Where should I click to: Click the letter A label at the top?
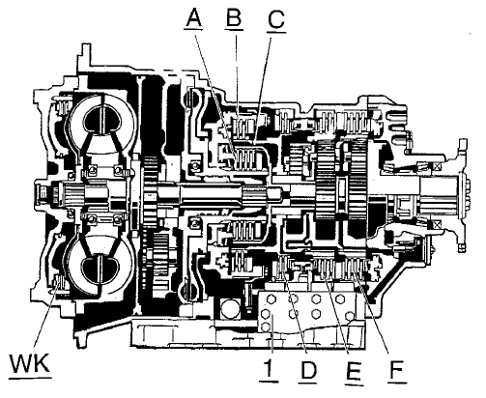(193, 17)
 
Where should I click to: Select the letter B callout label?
(234, 17)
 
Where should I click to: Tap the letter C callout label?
(276, 19)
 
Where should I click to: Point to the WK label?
(30, 363)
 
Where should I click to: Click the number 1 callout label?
(269, 369)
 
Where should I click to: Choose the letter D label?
(308, 370)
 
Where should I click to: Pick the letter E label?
(354, 371)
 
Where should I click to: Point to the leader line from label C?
(262, 89)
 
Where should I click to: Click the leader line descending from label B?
(238, 73)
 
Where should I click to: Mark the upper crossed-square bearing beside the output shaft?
(437, 167)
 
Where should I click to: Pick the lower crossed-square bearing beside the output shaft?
(437, 225)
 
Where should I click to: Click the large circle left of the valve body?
(231, 308)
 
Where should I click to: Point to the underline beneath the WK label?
(30, 378)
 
